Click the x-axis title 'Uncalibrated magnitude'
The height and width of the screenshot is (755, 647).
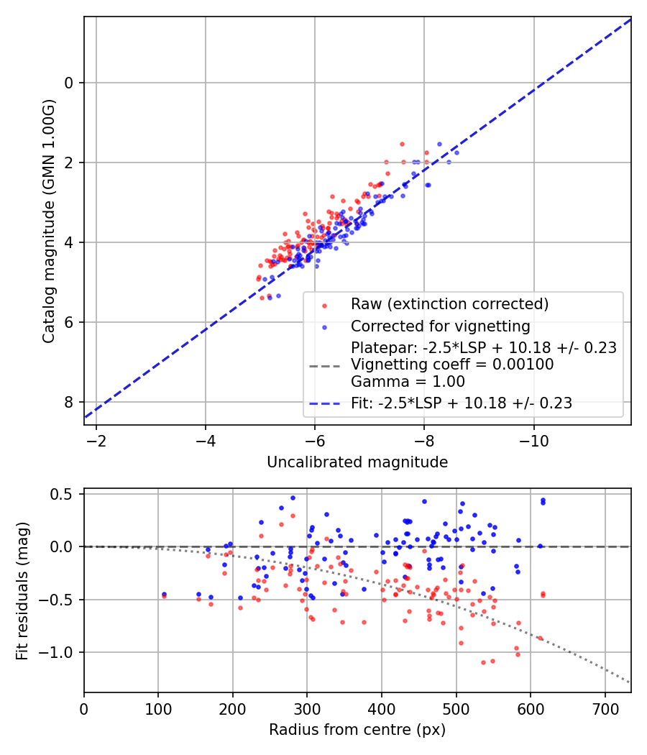[x=357, y=462]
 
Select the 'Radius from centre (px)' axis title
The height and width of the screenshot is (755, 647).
[x=357, y=730]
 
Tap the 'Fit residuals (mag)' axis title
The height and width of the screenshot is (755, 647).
[x=22, y=590]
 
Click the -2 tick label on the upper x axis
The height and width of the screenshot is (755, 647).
[x=96, y=439]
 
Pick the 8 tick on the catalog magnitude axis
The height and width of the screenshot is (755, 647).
[x=69, y=402]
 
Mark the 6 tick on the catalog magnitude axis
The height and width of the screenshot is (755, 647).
[x=69, y=322]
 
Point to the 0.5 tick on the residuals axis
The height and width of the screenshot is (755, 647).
[x=65, y=494]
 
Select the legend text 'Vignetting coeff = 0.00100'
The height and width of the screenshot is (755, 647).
[x=452, y=365]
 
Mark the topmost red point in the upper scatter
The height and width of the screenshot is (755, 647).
[x=402, y=144]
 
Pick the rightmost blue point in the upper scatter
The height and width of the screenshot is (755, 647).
[x=456, y=152]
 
